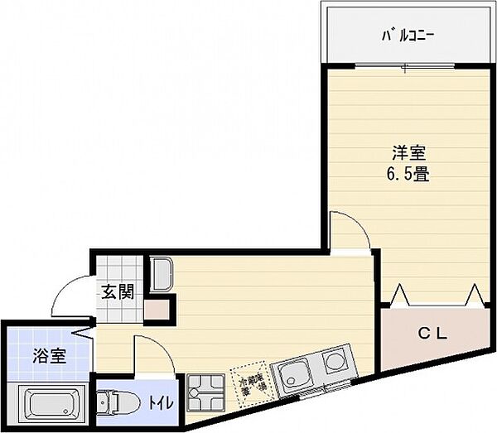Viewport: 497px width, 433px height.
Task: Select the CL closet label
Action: (432, 334)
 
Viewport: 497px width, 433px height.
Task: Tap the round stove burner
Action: (334, 361)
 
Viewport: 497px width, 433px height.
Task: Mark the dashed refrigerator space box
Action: (252, 383)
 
